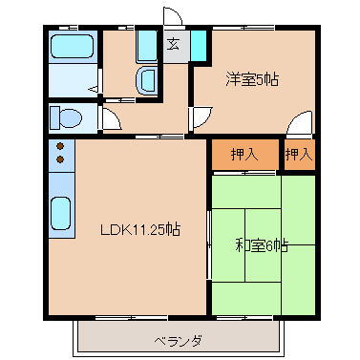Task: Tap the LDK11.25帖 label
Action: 142,229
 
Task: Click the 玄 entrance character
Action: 174,44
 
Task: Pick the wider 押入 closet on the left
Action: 244,154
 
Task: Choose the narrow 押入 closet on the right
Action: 298,154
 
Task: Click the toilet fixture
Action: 65,117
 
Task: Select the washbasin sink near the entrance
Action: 147,81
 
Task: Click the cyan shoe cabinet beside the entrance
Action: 198,45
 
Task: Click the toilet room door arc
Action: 110,120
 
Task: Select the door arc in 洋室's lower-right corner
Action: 301,124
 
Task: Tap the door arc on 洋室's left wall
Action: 201,117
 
